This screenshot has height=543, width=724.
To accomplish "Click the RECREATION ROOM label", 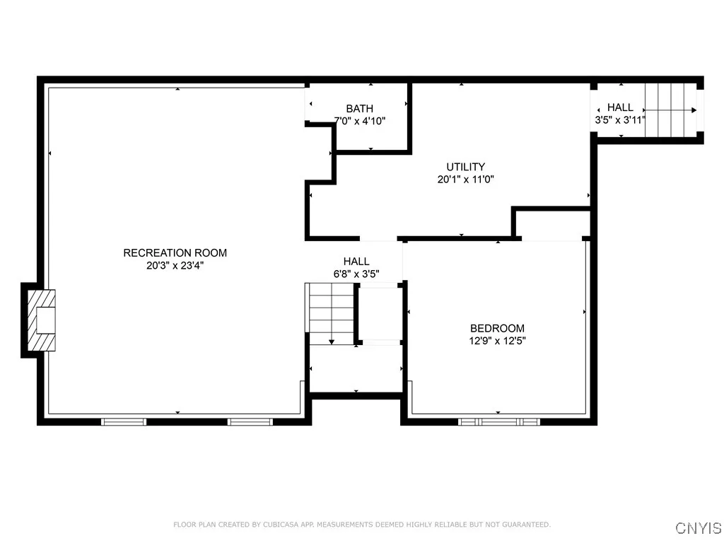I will (175, 253).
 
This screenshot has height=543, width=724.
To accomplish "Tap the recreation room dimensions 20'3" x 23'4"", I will (175, 266).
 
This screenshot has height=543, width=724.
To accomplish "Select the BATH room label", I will (359, 108).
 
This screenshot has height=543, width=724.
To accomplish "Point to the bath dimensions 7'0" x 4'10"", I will (359, 120).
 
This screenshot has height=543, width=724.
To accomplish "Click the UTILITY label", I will (465, 167).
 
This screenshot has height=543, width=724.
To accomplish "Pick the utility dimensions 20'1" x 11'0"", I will (465, 180).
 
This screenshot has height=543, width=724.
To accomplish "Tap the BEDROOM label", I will (497, 328).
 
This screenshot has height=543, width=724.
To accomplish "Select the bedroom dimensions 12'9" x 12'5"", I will (497, 341).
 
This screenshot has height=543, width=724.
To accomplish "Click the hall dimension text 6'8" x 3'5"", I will (356, 273).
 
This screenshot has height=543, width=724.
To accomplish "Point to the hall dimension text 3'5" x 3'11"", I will (620, 120).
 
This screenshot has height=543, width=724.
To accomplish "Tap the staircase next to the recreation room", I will (330, 313).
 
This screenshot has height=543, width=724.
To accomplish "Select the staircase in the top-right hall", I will (670, 110).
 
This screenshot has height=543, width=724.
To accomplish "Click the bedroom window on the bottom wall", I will (498, 421).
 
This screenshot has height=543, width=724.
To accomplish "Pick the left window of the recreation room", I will (124, 421).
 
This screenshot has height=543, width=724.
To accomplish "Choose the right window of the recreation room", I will (250, 421).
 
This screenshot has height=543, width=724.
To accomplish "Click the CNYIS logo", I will (698, 528).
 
